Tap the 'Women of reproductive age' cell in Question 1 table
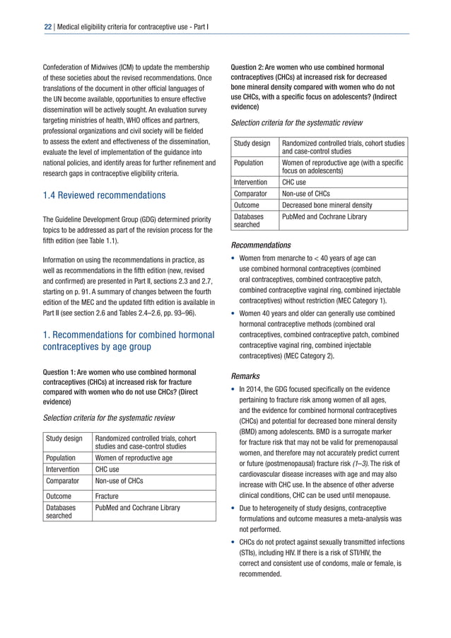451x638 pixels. click(x=134, y=457)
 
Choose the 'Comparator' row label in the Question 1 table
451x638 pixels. click(x=64, y=481)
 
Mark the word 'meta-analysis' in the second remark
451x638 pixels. click(x=374, y=518)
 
